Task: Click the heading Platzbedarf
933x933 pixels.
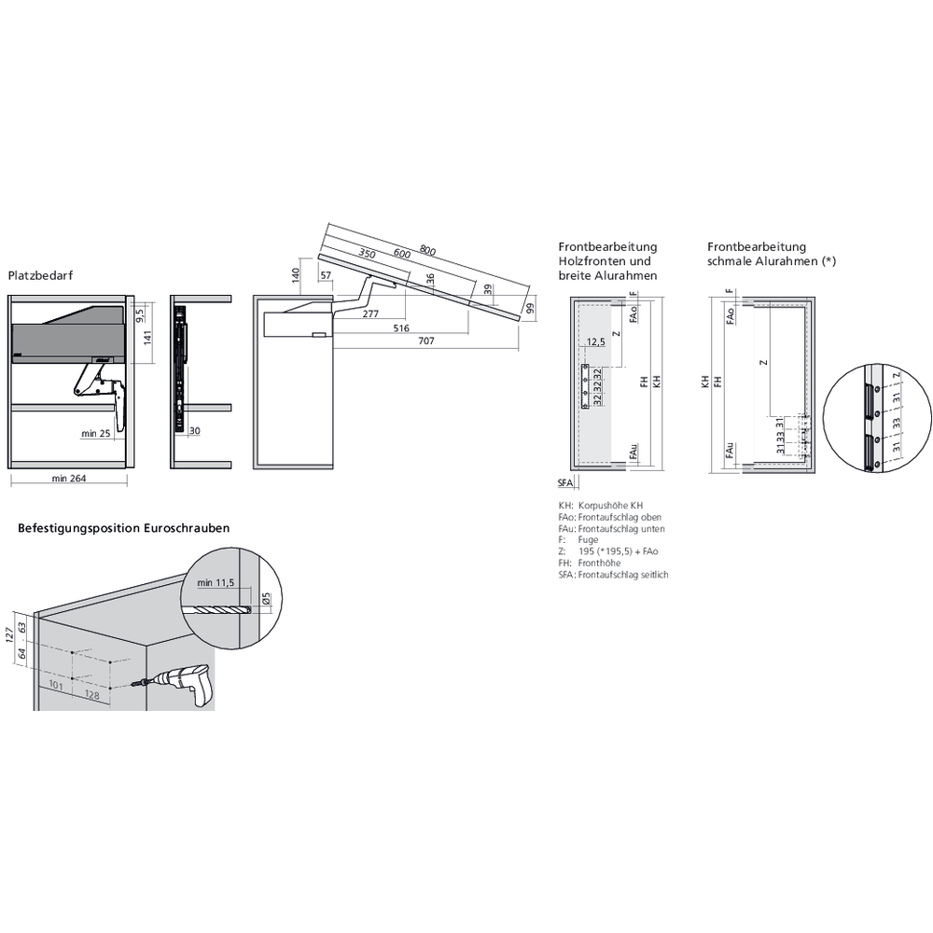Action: [x=40, y=276]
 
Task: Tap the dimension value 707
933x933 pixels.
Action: [x=425, y=341]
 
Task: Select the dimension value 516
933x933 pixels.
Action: [x=400, y=328]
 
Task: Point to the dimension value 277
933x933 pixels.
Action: [x=370, y=314]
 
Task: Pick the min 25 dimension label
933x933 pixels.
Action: [x=96, y=434]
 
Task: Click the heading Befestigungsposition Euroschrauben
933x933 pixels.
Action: [x=124, y=528]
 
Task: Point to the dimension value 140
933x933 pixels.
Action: [x=295, y=275]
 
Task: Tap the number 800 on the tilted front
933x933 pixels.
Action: [x=427, y=250]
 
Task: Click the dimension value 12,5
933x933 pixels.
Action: [x=598, y=342]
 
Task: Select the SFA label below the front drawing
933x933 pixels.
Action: [x=565, y=482]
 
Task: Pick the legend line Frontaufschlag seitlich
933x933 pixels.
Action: [x=622, y=575]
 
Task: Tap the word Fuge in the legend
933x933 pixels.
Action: [x=588, y=540]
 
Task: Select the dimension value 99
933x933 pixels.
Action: [x=528, y=309]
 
